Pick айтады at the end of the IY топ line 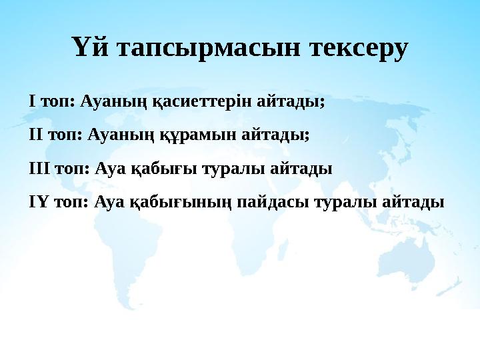415,199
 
